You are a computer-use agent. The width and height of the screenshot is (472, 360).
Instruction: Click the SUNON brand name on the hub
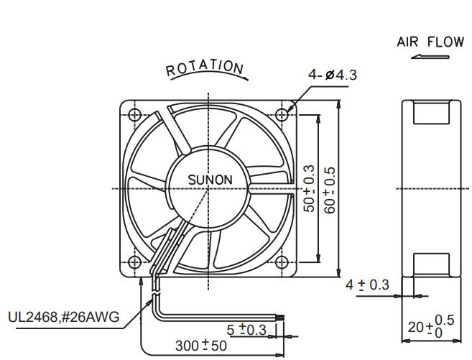210,180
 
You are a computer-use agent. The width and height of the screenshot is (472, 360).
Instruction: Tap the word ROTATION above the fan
205,68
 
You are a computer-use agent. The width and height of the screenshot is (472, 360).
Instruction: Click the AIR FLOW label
430,42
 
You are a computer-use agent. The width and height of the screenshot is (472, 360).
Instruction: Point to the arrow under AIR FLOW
430,57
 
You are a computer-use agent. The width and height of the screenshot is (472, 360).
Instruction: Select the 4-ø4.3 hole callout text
333,75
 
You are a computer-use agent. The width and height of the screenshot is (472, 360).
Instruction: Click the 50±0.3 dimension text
309,189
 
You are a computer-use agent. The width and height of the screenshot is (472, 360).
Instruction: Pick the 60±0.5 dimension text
330,190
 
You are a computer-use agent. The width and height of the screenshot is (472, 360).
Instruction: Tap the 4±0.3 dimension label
367,285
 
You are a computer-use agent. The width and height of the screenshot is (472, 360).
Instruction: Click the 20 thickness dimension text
431,326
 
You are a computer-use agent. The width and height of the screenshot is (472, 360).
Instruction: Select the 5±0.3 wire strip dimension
246,330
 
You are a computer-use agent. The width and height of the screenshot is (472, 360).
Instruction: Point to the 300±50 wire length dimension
200,346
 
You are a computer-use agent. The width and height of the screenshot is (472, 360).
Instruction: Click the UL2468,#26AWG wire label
63,318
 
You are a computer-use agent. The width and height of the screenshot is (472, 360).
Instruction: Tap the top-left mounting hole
134,115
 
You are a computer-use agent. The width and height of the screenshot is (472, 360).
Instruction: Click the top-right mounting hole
282,115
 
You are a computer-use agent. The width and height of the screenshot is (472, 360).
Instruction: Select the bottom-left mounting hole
134,262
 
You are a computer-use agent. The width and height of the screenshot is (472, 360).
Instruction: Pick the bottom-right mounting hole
282,262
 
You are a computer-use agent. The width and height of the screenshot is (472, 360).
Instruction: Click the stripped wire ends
281,318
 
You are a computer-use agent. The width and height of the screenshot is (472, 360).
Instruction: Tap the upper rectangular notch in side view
431,112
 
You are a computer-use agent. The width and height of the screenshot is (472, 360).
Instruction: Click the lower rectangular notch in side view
431,265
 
